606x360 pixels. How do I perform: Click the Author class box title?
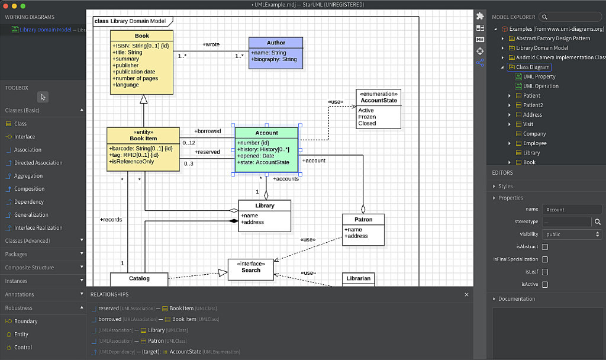[x=276, y=43]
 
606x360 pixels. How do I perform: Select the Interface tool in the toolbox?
[x=24, y=137]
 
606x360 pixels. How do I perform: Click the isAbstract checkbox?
[x=545, y=246]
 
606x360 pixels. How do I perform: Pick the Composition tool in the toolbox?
[x=29, y=189]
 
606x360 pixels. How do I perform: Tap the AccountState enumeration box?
[x=378, y=109]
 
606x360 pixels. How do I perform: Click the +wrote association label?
[x=211, y=44]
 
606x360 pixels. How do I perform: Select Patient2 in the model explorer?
[x=533, y=105]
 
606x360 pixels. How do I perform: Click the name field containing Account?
[x=572, y=209]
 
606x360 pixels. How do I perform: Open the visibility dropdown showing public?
[x=572, y=234]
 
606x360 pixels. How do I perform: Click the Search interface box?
[x=251, y=269]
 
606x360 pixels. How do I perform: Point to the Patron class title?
[x=363, y=220]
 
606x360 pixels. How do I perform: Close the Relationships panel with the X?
[x=466, y=294]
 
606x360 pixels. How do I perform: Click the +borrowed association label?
[x=207, y=131]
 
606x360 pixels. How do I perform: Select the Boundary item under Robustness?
[x=25, y=322]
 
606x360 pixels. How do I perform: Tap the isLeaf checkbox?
[x=545, y=272]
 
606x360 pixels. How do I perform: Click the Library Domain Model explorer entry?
[x=541, y=48]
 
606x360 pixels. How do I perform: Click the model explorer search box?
[x=570, y=17]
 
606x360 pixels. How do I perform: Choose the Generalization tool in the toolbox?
[x=31, y=215]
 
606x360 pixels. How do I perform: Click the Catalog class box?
[x=139, y=278]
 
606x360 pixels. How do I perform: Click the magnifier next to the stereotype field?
[x=598, y=221]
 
